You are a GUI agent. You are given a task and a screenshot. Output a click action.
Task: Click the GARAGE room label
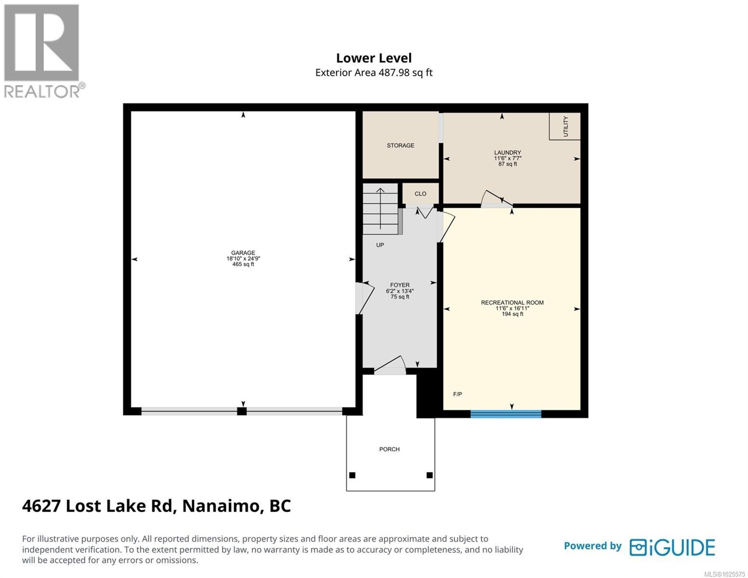[x=243, y=253]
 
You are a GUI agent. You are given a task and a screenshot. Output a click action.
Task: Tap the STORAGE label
[x=400, y=145]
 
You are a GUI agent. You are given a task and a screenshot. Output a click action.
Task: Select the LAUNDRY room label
[x=507, y=153]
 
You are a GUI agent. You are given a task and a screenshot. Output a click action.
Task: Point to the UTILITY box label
[x=565, y=126]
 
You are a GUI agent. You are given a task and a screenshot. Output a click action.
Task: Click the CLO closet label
[x=420, y=194]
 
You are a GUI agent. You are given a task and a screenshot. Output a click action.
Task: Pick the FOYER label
[x=400, y=285]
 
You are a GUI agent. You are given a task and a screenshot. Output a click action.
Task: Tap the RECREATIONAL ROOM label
[x=512, y=302]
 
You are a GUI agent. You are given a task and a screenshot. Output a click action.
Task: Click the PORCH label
[x=389, y=449]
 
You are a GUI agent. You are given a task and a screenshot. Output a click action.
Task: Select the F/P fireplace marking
[x=458, y=394]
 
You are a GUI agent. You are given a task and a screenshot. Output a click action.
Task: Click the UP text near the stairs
[x=380, y=245]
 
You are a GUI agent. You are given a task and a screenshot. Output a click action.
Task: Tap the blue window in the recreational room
[x=506, y=414]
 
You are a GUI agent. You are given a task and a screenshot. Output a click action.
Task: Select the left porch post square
[x=352, y=475]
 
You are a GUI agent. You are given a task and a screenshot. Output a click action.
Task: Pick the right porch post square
[x=430, y=475]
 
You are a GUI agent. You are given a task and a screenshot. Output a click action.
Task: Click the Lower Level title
[x=374, y=58]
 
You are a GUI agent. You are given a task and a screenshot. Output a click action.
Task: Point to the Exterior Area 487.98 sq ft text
[x=374, y=73]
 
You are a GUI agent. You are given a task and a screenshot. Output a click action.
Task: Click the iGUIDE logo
[x=672, y=547]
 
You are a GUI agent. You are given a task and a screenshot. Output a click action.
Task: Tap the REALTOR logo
[x=42, y=51]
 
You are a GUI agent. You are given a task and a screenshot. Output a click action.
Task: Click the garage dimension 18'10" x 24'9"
[x=243, y=259]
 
